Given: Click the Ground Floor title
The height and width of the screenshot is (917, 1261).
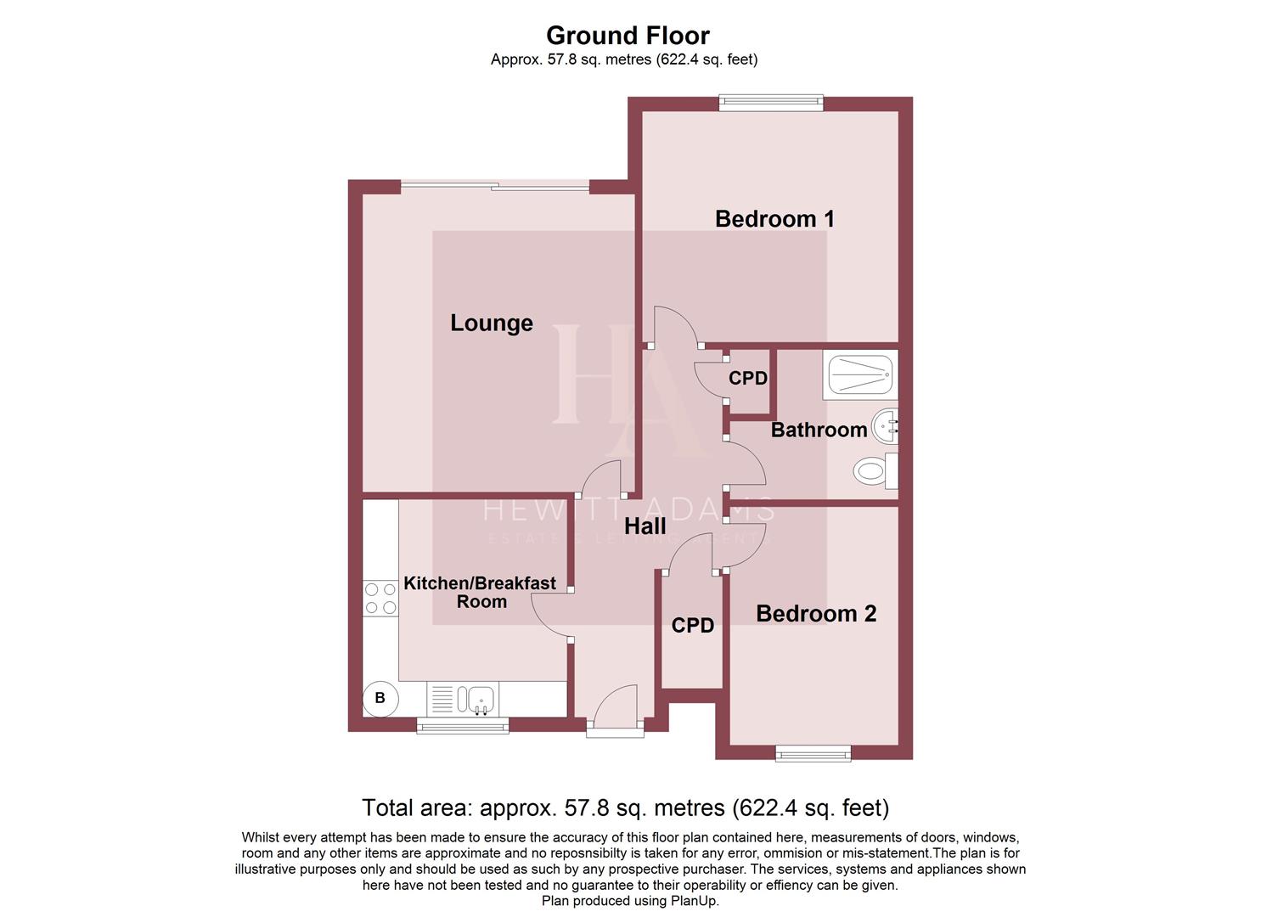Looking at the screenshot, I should tap(628, 36).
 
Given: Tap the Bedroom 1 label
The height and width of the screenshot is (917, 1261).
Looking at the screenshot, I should tap(774, 219).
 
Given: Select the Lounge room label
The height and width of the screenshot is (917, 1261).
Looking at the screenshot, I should tap(492, 323).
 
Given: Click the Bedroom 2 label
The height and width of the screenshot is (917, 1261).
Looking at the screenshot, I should tap(815, 614).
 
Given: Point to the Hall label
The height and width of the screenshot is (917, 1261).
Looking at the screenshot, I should tap(645, 526).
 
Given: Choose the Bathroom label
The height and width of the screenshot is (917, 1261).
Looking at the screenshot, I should tap(819, 430).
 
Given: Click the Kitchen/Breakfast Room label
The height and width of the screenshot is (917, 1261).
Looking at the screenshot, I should tap(480, 593).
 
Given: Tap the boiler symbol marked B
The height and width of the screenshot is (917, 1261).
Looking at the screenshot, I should tap(380, 698).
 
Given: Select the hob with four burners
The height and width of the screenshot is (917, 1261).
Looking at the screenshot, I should tap(380, 598).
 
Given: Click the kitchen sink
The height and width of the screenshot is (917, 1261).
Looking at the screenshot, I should tap(475, 700).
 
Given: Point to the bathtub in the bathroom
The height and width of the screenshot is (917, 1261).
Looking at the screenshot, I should tap(860, 374).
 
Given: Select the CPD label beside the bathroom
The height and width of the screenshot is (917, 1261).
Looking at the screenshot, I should tap(748, 379).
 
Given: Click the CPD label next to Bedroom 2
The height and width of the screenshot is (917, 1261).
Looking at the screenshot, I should tap(692, 626).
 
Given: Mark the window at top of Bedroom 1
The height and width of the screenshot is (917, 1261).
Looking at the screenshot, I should tap(771, 103).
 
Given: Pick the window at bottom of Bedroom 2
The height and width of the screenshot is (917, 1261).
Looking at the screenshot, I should tap(813, 753).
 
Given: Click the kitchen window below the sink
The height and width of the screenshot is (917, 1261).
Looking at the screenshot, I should tap(463, 726).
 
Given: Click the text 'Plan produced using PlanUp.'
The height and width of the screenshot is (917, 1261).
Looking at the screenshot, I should tap(630, 901).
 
